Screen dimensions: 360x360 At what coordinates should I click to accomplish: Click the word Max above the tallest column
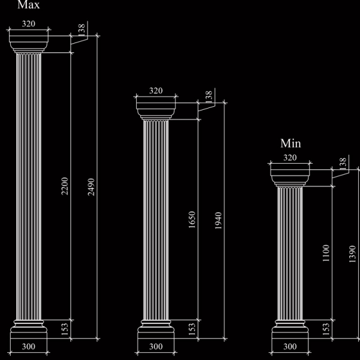click(x=28, y=4)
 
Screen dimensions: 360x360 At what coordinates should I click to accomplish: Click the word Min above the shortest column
click(x=290, y=143)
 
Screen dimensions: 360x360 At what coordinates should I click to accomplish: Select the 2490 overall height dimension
click(x=91, y=187)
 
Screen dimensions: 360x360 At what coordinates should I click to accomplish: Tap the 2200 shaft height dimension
click(x=65, y=186)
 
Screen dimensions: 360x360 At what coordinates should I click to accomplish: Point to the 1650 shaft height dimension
click(x=192, y=220)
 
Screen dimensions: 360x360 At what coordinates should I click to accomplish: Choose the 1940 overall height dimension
click(x=218, y=221)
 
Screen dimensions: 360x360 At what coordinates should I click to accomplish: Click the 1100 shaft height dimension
click(x=326, y=253)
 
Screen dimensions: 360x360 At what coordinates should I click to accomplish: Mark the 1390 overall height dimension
click(x=352, y=254)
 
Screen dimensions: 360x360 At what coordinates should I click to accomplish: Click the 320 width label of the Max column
click(x=29, y=23)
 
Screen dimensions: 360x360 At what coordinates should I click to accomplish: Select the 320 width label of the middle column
click(x=156, y=91)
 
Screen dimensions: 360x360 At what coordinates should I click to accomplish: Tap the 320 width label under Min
click(x=290, y=157)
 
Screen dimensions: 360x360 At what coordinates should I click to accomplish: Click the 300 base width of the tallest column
click(x=29, y=346)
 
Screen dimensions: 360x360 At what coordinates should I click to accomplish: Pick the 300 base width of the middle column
click(x=156, y=346)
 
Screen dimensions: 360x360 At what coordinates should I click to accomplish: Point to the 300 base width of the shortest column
click(x=290, y=346)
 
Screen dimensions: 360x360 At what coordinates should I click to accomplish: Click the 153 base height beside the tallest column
click(x=65, y=329)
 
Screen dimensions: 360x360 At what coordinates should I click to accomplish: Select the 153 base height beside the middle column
click(x=192, y=329)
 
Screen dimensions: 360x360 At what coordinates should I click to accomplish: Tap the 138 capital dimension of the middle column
click(x=209, y=97)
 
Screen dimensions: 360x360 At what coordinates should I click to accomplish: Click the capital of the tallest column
click(x=29, y=44)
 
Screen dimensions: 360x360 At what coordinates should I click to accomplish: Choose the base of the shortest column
click(x=290, y=329)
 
